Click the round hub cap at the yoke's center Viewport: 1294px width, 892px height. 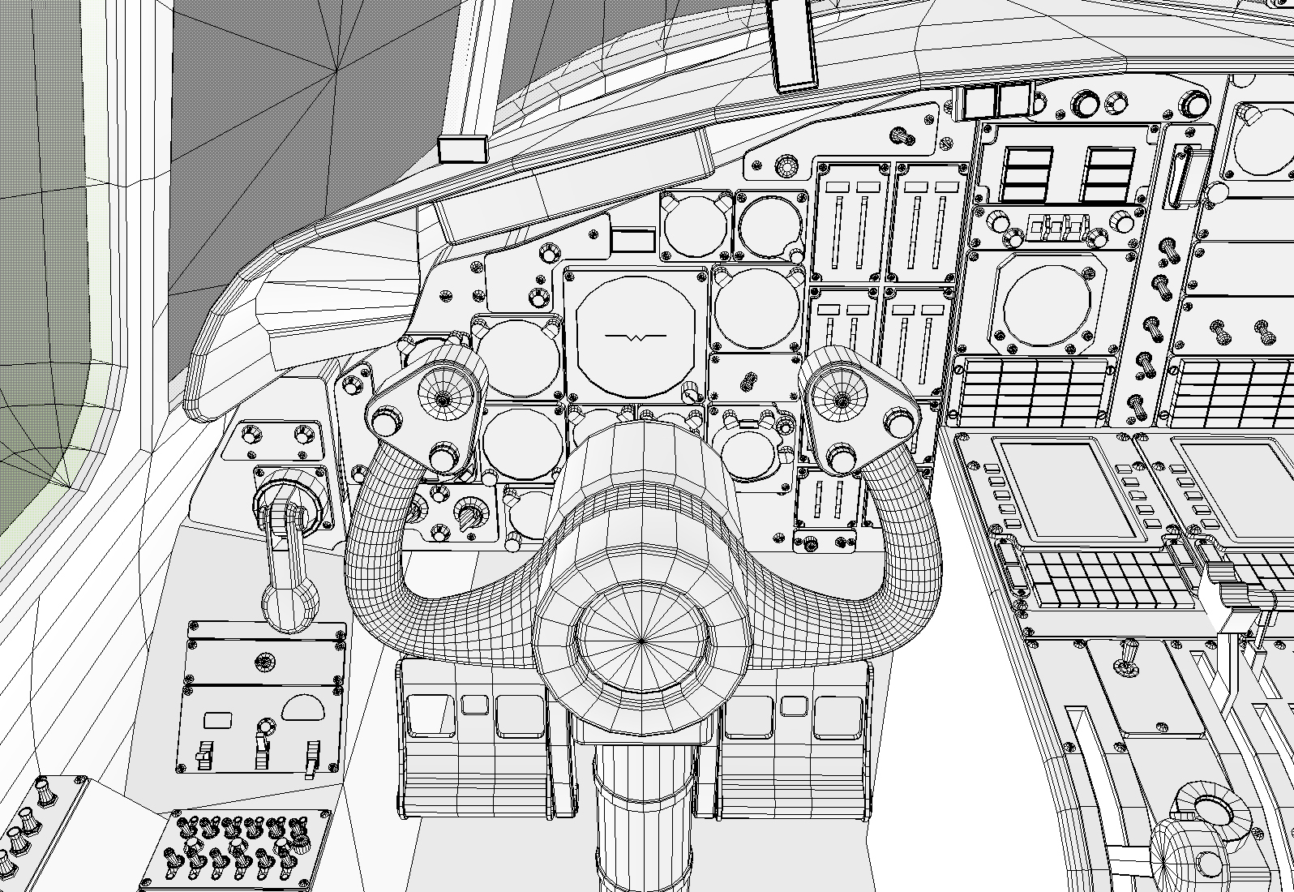click(641, 641)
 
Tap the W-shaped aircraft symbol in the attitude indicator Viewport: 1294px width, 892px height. click(635, 336)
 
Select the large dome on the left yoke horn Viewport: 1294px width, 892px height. click(443, 396)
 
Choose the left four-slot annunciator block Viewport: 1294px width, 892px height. click(1027, 174)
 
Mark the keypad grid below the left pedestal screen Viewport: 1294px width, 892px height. click(1107, 579)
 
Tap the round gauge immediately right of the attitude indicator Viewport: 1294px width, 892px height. click(756, 307)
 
